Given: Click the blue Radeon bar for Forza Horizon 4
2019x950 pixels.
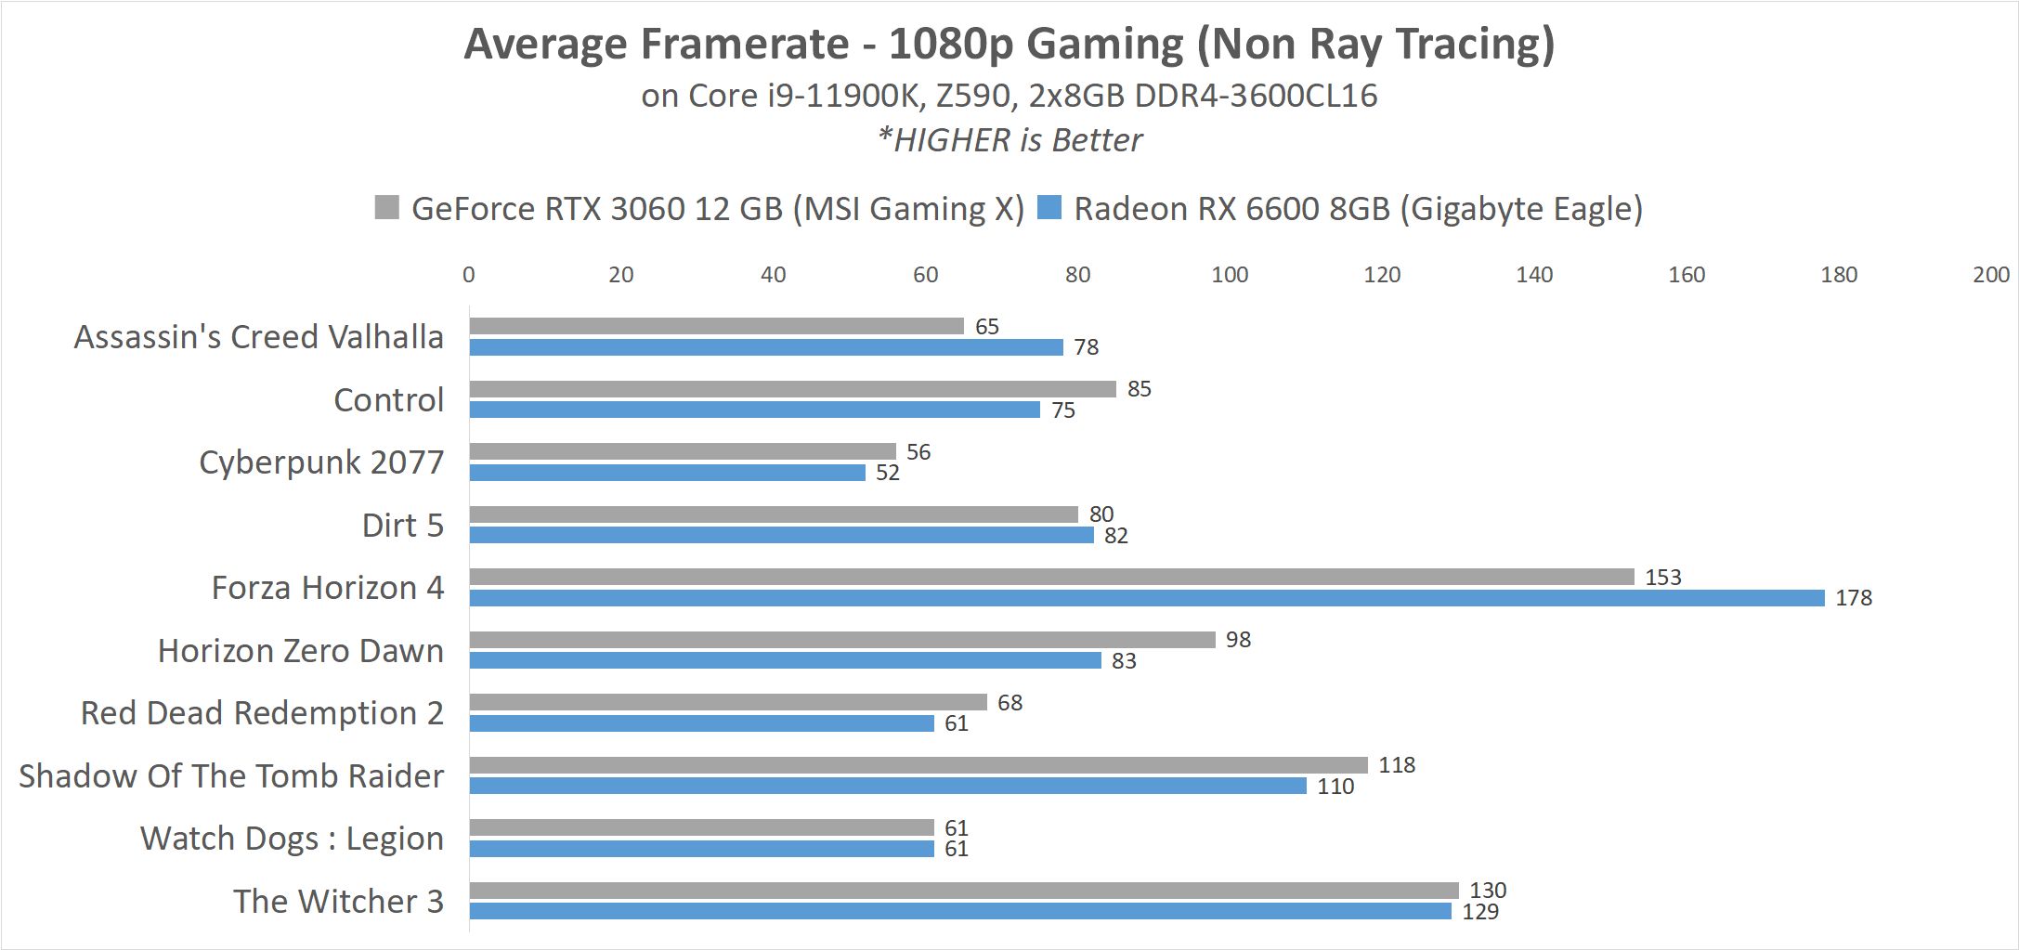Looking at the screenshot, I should (1146, 598).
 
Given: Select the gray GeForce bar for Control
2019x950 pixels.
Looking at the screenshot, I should (792, 389).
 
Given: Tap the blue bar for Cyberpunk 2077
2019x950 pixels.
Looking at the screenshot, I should (667, 473).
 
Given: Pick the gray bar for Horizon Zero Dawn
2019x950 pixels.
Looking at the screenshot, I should (842, 640).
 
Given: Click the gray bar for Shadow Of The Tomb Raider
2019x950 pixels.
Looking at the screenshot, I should (918, 765).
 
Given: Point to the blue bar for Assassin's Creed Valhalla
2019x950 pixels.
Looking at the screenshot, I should (766, 347).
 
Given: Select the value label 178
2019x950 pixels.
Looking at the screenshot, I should (1854, 598).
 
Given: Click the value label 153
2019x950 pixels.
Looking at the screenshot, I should (1662, 578).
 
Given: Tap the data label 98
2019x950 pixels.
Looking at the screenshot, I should (1238, 640).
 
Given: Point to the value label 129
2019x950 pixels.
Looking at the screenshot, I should (1480, 912).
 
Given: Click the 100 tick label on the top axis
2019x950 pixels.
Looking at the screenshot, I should (1230, 275).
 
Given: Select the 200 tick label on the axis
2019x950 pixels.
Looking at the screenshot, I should (1991, 275).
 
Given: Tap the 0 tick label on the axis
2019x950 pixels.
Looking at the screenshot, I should (469, 275).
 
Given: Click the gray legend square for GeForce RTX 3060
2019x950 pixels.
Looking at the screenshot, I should (386, 207).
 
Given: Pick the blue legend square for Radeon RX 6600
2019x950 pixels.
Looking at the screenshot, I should (1049, 207).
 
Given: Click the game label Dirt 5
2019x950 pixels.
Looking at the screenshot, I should (403, 526).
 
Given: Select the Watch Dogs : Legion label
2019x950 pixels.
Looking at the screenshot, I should (292, 839).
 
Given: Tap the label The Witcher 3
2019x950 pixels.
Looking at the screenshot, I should (338, 902).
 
